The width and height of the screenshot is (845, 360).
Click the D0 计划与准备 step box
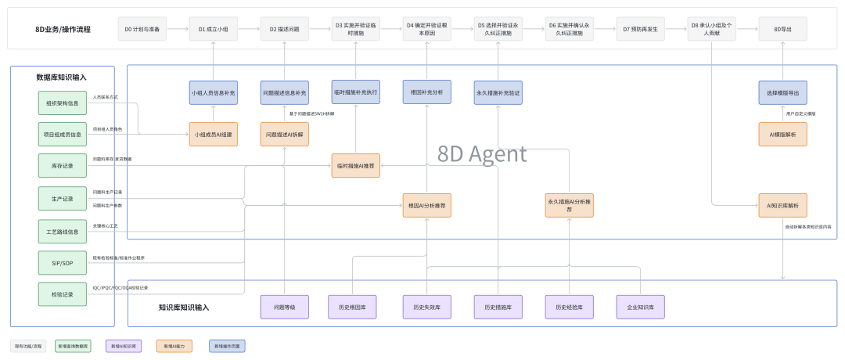pyautogui.click(x=142, y=29)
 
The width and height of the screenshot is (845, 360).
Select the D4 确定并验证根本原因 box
pyautogui.click(x=426, y=29)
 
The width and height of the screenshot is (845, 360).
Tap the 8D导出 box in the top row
pyautogui.click(x=782, y=29)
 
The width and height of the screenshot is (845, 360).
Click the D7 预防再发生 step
pyautogui.click(x=640, y=29)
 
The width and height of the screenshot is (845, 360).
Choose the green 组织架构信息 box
pyautogui.click(x=63, y=103)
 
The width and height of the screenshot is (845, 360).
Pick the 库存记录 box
pyautogui.click(x=63, y=166)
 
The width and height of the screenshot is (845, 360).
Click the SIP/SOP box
pyautogui.click(x=63, y=263)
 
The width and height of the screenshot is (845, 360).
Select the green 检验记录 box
pyautogui.click(x=63, y=295)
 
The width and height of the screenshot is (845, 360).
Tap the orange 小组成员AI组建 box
pyautogui.click(x=214, y=135)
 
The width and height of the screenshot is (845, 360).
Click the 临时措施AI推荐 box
pyautogui.click(x=356, y=166)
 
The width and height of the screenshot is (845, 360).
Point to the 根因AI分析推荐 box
pyautogui.click(x=427, y=206)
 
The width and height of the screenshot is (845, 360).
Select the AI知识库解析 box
pyautogui.click(x=782, y=206)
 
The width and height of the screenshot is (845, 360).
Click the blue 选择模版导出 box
pyautogui.click(x=782, y=92)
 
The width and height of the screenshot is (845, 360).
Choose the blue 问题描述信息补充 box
pyautogui.click(x=285, y=92)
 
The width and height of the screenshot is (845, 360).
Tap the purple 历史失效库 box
pyautogui.click(x=427, y=307)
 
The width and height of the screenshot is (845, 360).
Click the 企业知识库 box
pyautogui.click(x=640, y=307)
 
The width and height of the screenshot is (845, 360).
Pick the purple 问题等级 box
pyautogui.click(x=285, y=307)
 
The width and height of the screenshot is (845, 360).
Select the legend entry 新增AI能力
pyautogui.click(x=174, y=345)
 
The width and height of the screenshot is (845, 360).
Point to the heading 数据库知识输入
pyautogui.click(x=62, y=77)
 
